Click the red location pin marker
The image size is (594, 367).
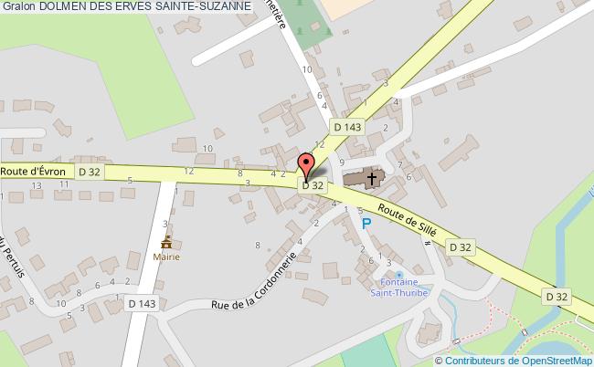[307, 165]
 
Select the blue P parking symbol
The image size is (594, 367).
[367, 223]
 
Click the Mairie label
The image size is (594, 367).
[166, 257]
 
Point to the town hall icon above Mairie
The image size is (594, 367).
[166, 243]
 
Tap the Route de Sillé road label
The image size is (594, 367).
[408, 220]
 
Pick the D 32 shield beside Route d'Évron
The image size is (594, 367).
[90, 171]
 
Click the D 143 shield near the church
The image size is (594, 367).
[348, 127]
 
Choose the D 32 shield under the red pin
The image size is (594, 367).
[313, 184]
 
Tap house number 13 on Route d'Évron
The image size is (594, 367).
[37, 185]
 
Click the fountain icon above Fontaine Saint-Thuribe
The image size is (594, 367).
[399, 274]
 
